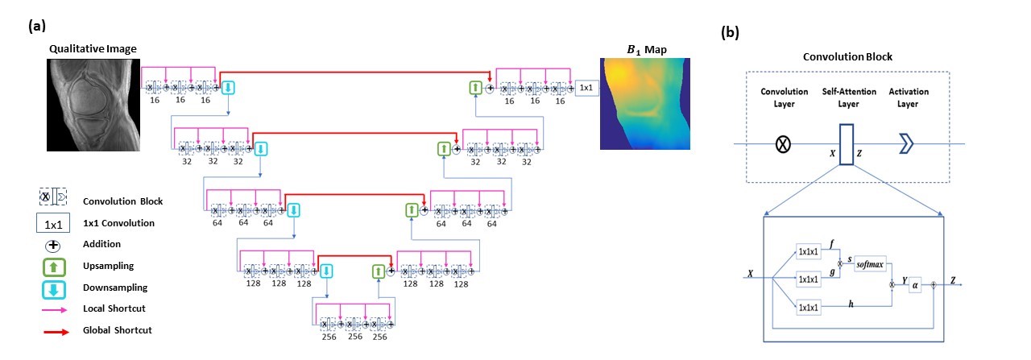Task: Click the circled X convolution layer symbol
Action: (x=781, y=144)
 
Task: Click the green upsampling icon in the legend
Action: (x=51, y=266)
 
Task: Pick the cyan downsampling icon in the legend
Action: (x=51, y=288)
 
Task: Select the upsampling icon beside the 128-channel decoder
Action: (x=379, y=271)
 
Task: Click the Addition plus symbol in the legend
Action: (x=51, y=244)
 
